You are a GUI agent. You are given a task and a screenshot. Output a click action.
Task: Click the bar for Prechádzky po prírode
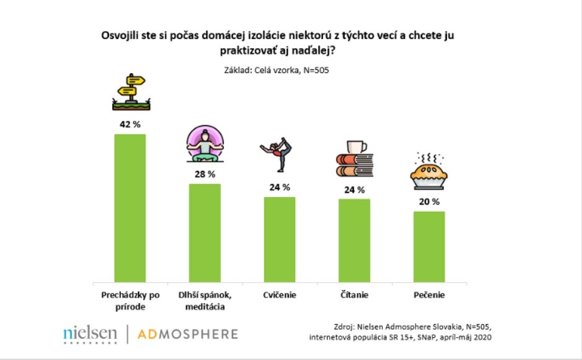point(130,208)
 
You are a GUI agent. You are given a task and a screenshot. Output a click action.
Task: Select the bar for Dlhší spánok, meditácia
point(205,232)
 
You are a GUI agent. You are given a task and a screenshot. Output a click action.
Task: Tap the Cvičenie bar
point(280,239)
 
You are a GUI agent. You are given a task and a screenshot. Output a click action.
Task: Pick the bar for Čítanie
point(354,240)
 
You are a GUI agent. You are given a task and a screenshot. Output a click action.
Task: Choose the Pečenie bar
point(429,246)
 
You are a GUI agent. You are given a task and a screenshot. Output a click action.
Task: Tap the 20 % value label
point(429,201)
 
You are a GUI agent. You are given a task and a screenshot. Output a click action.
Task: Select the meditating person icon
point(205,142)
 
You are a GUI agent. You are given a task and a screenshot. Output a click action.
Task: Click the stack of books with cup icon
point(354,159)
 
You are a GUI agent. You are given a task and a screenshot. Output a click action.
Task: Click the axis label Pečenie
point(429,295)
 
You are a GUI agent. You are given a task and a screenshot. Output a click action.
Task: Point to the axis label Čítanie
point(354,295)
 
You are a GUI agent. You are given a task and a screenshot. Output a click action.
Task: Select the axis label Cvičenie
point(280,295)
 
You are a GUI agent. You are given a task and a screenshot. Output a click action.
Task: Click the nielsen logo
point(90,334)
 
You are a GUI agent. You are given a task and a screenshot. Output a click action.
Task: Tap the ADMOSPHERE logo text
point(188,334)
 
